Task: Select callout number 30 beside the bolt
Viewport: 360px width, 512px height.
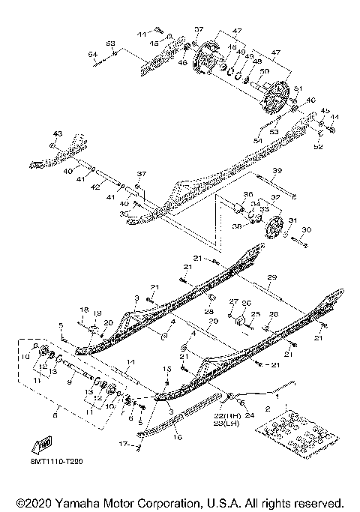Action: point(305,229)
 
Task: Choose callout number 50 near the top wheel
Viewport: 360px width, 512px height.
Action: point(262,71)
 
